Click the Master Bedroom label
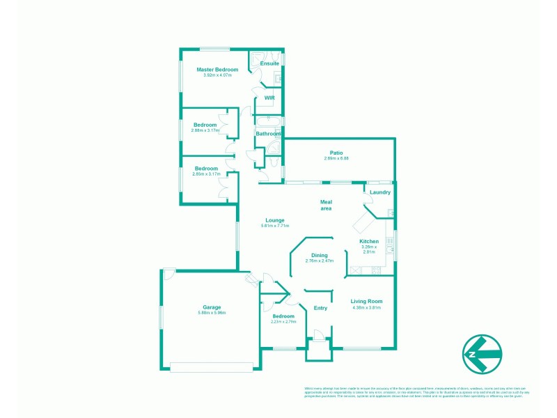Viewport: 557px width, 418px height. click(217, 70)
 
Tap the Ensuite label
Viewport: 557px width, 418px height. click(269, 63)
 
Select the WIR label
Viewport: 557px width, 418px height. click(269, 98)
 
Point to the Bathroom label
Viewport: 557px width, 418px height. click(268, 134)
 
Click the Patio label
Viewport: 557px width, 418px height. click(336, 153)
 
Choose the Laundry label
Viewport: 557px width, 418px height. click(379, 192)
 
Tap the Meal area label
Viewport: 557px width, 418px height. click(325, 205)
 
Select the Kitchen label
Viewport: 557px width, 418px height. click(369, 241)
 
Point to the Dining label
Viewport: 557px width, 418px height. click(320, 255)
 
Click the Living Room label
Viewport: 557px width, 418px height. click(367, 301)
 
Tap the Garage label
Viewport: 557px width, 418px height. click(212, 307)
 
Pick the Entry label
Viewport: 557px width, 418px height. click(320, 308)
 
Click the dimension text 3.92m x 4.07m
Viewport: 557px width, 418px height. click(217, 75)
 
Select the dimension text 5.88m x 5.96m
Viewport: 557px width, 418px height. click(212, 313)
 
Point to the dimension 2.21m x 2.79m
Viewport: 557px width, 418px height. click(283, 322)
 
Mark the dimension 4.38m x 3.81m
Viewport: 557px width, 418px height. click(367, 307)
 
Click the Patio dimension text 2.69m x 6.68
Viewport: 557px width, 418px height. click(336, 159)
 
